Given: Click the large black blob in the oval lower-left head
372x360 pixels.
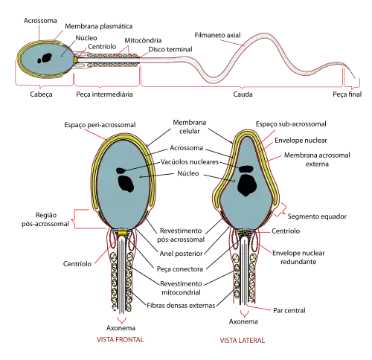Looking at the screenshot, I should (x=121, y=181).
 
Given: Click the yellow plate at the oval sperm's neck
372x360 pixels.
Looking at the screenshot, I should (x=122, y=233).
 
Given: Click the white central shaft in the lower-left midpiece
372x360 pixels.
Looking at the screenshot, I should (x=122, y=275).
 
